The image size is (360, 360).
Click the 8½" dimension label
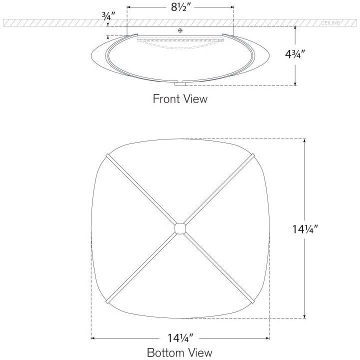(x=180, y=8)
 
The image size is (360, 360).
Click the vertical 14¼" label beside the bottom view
(x=319, y=229)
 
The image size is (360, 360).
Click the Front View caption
(x=179, y=98)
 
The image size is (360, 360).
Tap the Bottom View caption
(x=179, y=352)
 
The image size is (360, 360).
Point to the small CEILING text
(x=330, y=23)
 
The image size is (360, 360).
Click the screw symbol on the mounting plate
(x=180, y=30)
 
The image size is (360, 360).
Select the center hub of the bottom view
(x=180, y=229)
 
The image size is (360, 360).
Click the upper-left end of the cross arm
(x=107, y=156)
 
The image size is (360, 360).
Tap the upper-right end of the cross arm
(x=253, y=156)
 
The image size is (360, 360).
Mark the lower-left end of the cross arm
(x=107, y=301)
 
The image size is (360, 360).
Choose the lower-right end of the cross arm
(x=253, y=301)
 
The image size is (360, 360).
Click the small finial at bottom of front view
(x=180, y=83)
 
